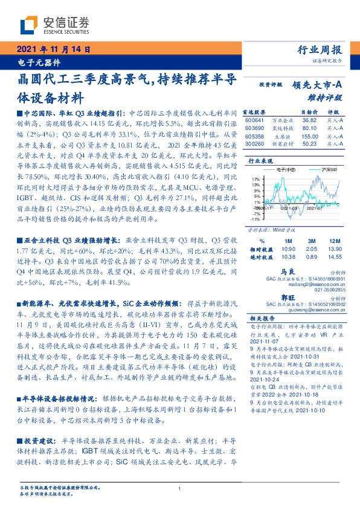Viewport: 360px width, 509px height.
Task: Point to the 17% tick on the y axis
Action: click(256, 179)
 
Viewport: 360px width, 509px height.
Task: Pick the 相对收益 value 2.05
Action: click(311, 248)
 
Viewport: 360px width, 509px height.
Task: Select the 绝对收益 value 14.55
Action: click(334, 257)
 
